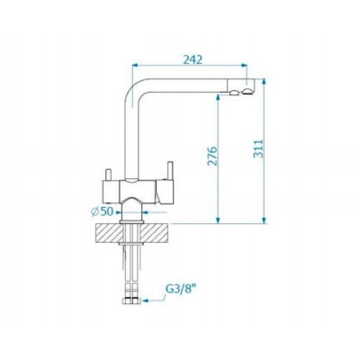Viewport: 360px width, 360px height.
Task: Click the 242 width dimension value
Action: point(193,59)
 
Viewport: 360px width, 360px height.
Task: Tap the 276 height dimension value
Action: point(212,156)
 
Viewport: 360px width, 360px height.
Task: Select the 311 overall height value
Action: point(258,148)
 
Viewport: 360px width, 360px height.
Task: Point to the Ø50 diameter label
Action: point(102,211)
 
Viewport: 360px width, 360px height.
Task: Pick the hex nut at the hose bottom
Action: point(131,301)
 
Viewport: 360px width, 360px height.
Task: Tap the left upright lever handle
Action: point(108,175)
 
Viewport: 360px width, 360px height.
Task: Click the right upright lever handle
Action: point(170,171)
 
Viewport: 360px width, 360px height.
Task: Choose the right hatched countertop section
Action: point(155,233)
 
